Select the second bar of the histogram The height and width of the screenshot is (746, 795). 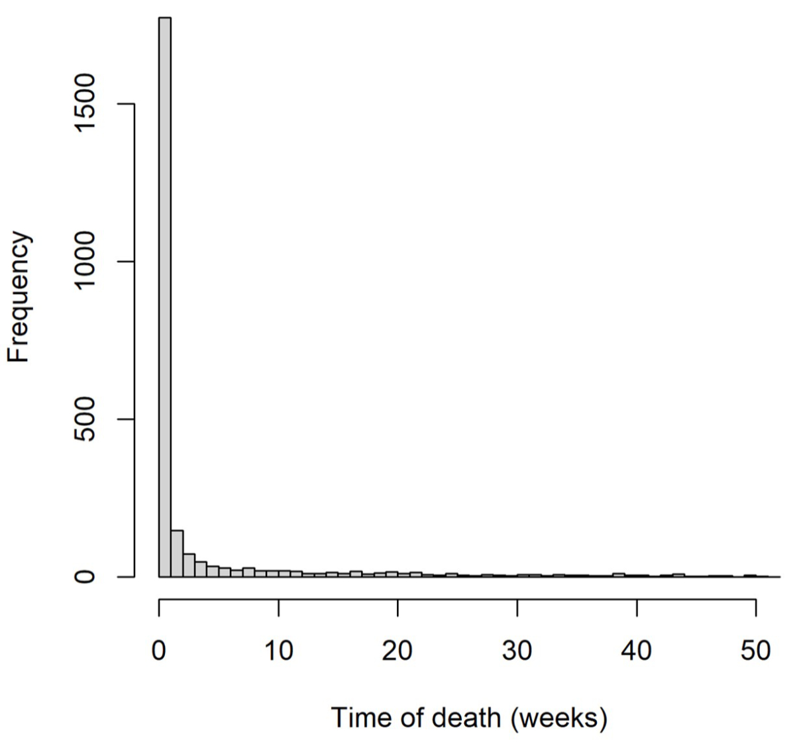point(177,554)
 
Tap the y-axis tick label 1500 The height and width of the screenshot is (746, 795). point(86,104)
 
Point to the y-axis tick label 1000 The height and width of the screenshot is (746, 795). point(86,262)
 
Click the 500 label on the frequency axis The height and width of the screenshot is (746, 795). point(86,419)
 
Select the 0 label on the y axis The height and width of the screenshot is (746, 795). point(86,576)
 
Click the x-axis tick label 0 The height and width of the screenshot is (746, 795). point(159,651)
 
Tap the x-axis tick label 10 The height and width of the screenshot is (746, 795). point(279,651)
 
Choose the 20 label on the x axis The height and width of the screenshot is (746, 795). point(397,651)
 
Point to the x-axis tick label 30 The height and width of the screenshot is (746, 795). point(517,651)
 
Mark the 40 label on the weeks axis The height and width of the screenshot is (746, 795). point(636,651)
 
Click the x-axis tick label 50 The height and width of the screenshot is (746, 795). point(756,651)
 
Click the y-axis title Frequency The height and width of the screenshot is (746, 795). point(19,297)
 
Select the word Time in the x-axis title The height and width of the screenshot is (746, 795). point(358,718)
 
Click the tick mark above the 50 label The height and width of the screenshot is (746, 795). point(756,606)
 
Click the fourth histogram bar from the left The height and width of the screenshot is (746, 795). point(201,570)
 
